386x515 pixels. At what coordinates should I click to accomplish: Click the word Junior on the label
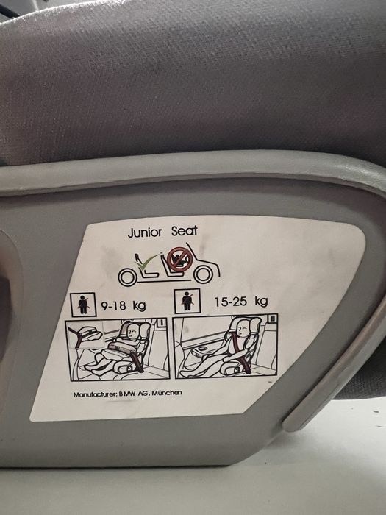point(144,232)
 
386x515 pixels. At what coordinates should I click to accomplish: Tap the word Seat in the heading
point(185,231)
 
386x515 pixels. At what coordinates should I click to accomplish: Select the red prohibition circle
point(179,260)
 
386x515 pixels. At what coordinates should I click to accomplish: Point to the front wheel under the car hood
point(204,274)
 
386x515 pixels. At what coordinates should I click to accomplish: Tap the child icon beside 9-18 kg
point(83,305)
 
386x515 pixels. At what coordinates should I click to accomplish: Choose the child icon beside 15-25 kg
point(187,301)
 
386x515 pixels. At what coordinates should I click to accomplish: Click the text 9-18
point(113,306)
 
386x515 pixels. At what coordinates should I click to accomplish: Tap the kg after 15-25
point(261,301)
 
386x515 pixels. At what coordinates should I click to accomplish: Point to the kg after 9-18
point(139,306)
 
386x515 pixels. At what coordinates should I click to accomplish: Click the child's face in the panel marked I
point(132,333)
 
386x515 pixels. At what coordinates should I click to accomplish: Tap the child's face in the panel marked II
point(243,328)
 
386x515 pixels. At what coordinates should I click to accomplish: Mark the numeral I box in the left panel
point(161,322)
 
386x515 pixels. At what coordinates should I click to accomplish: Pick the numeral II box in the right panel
point(272,319)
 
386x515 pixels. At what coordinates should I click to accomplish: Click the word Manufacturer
point(95,394)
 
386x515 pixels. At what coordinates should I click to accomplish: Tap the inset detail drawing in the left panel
point(85,335)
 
